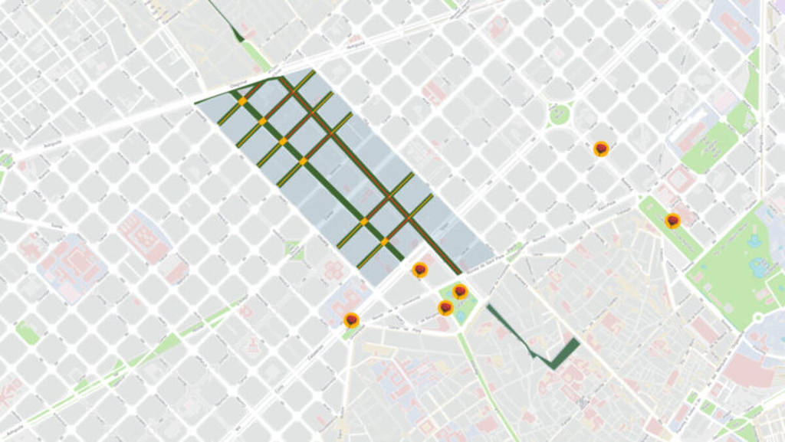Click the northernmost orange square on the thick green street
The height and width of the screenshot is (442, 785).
tap(242, 101)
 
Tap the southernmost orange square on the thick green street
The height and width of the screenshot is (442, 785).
tap(384, 242)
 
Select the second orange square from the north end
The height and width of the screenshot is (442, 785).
tap(262, 121)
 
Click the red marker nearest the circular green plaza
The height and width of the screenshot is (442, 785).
tap(601, 148)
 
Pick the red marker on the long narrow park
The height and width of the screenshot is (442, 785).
tap(672, 221)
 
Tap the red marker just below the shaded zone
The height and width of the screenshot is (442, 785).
tap(419, 269)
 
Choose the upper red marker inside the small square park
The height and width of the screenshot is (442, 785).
tap(460, 291)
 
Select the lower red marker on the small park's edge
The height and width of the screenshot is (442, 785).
tap(445, 307)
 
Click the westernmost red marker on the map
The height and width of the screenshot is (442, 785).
tap(351, 319)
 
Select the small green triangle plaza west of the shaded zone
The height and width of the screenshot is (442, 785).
tap(294, 250)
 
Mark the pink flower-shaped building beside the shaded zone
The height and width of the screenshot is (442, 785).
tap(333, 270)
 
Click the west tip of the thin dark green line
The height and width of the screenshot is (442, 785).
tap(196, 102)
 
